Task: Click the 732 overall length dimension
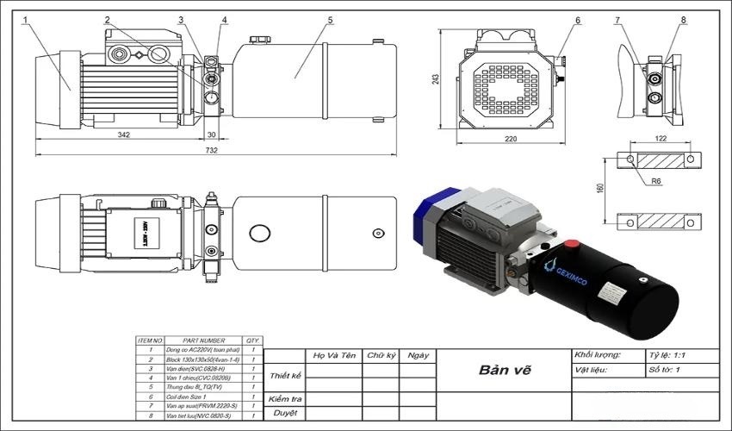[212, 150]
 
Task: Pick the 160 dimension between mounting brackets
[600, 188]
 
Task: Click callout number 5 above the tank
[330, 19]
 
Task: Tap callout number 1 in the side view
[26, 19]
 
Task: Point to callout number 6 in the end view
[578, 19]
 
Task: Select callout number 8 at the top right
[683, 19]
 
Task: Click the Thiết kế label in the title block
[285, 376]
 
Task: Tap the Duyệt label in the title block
[285, 412]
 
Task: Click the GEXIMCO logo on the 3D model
[569, 269]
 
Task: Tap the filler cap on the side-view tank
[258, 40]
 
